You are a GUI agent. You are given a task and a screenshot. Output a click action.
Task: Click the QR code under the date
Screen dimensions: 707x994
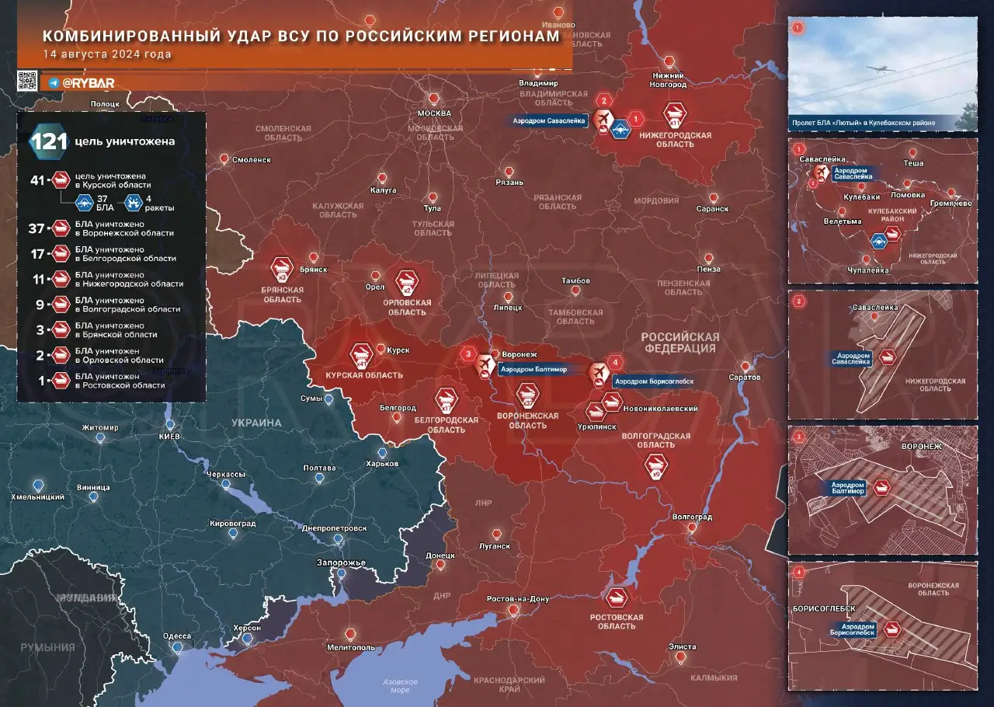point(27,81)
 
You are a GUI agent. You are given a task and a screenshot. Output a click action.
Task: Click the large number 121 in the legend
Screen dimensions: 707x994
point(48,142)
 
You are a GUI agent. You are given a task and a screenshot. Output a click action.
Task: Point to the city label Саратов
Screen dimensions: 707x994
point(745,377)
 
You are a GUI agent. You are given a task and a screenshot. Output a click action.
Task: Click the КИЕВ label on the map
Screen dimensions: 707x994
point(170,437)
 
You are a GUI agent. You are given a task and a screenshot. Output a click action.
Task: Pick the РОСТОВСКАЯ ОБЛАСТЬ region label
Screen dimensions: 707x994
point(617,622)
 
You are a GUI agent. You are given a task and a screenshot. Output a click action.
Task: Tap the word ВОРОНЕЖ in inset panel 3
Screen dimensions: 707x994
point(921,448)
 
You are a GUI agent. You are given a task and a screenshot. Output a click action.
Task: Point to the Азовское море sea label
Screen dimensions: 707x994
point(401,686)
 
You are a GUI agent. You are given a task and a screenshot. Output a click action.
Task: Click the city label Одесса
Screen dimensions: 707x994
point(177,636)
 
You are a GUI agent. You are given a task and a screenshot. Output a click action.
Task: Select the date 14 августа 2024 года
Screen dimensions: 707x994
point(107,54)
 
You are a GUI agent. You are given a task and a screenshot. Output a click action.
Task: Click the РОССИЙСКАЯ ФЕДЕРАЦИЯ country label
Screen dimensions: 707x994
point(680,343)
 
